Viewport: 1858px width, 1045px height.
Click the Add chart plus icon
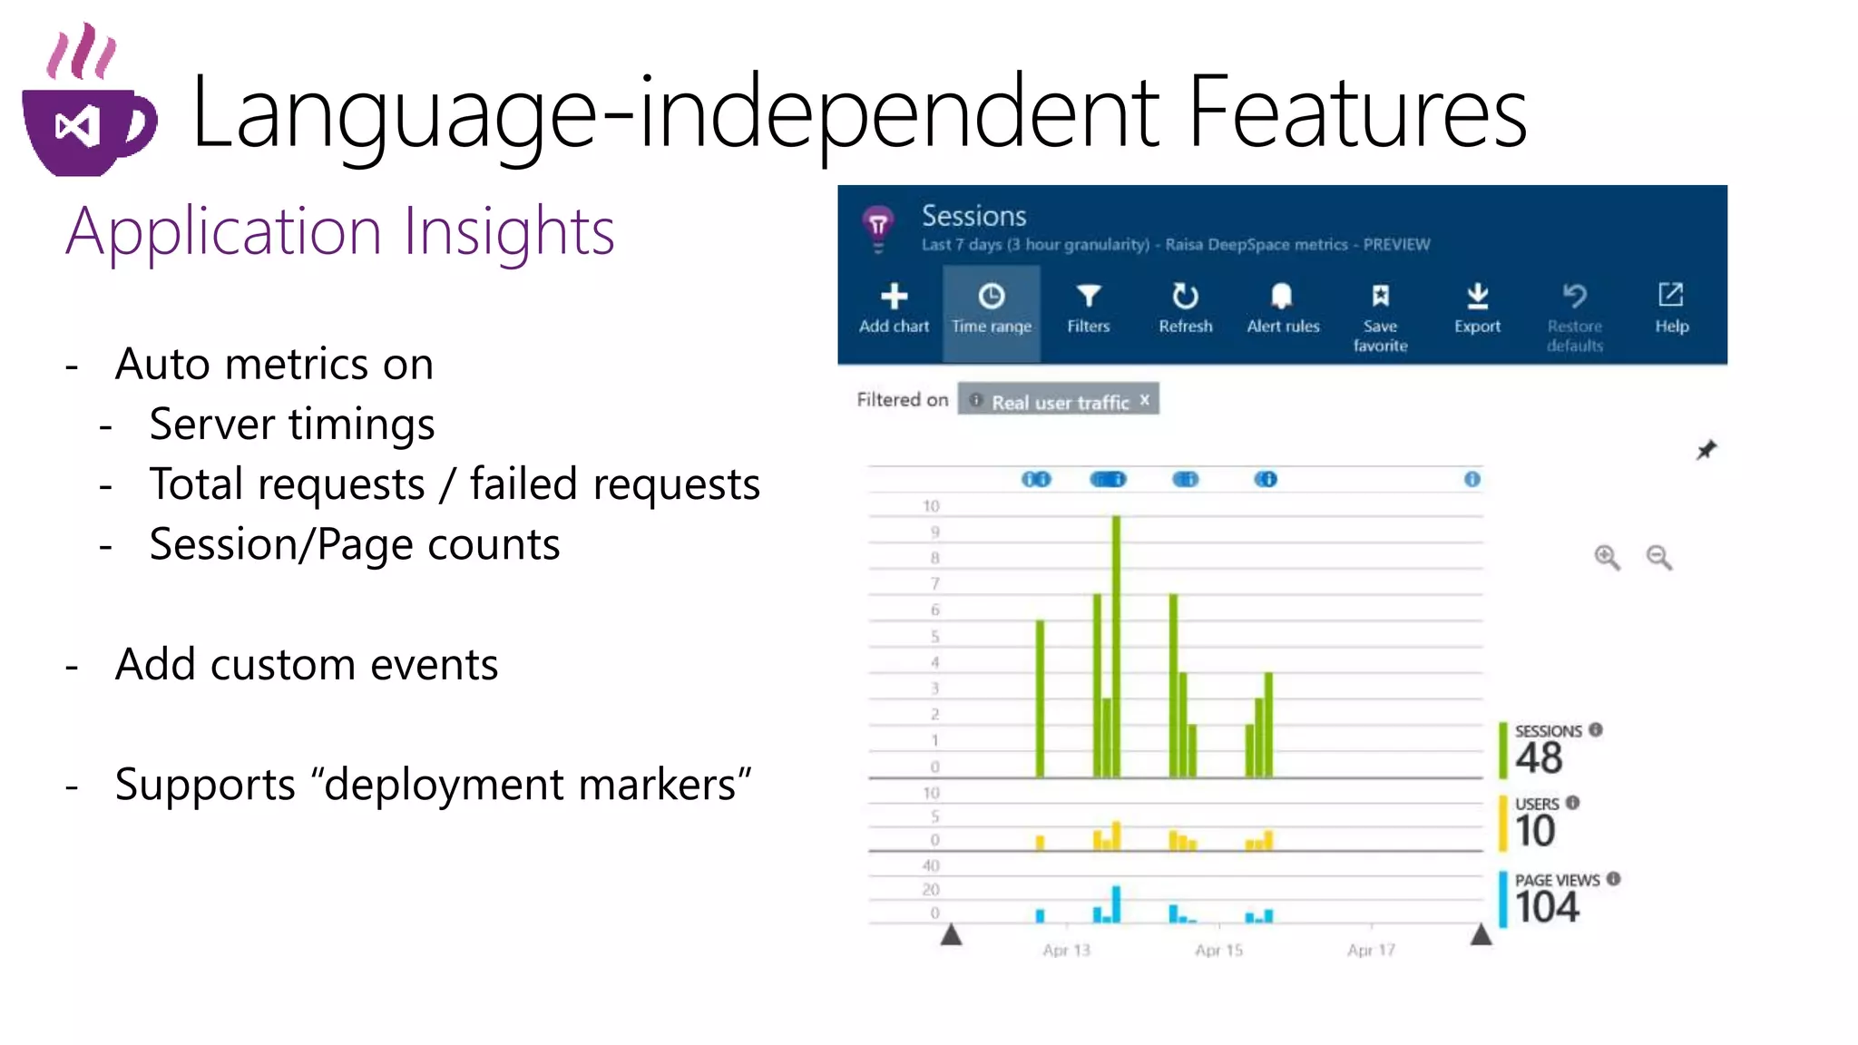tap(894, 296)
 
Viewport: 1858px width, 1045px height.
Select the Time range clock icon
tap(991, 296)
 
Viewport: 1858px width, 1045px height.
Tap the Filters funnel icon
tap(1088, 296)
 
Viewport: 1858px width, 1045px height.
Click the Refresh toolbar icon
tap(1185, 296)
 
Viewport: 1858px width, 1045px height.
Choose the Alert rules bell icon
tap(1282, 296)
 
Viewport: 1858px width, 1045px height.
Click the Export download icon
tap(1477, 296)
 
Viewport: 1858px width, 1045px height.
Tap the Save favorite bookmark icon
tap(1380, 296)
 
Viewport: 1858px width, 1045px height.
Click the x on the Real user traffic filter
tap(1145, 399)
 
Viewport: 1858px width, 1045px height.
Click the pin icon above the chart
tap(1706, 450)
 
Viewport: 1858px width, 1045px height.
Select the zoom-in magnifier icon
tap(1607, 557)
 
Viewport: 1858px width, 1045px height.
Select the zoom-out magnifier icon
tap(1659, 557)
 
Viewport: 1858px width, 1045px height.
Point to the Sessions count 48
tap(1539, 757)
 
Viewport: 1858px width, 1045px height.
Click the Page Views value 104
tap(1547, 906)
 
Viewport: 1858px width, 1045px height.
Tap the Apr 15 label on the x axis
tap(1218, 950)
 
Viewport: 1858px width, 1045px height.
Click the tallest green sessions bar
tap(1116, 644)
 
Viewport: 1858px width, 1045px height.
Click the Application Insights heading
tap(340, 231)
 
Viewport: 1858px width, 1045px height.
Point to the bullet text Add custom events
tap(307, 664)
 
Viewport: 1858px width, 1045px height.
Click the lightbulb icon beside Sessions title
tap(877, 227)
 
